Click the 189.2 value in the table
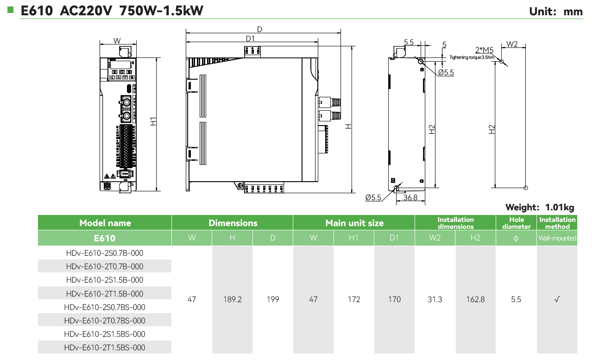click(x=233, y=299)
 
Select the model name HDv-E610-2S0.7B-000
click(x=105, y=253)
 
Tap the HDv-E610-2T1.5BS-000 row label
click(x=105, y=347)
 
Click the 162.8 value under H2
click(x=475, y=299)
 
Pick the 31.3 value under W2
click(x=435, y=299)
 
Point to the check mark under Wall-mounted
click(x=557, y=299)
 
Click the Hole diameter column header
click(x=516, y=223)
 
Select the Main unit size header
click(x=354, y=223)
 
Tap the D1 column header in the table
click(x=394, y=238)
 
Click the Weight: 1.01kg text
click(x=540, y=207)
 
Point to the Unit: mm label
click(x=556, y=12)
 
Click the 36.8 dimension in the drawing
click(x=410, y=197)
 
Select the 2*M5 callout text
click(x=484, y=50)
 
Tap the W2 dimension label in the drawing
click(x=512, y=44)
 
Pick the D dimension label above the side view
click(x=259, y=29)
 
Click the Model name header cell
click(x=105, y=223)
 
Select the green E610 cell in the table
click(x=105, y=238)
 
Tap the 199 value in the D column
click(x=273, y=299)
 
